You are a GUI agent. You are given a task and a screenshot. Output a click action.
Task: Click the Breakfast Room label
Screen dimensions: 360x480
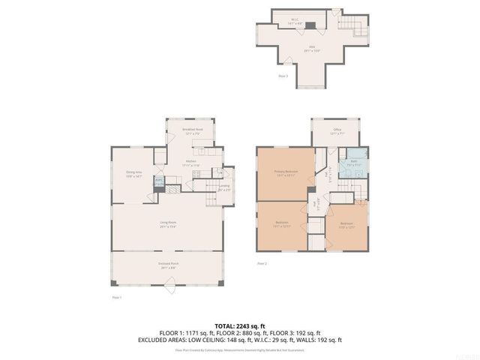193,131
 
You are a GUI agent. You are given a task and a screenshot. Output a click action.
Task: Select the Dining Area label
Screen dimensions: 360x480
134,175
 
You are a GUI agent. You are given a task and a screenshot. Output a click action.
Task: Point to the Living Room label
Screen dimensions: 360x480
167,224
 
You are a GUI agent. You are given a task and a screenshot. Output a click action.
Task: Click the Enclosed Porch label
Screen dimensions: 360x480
167,265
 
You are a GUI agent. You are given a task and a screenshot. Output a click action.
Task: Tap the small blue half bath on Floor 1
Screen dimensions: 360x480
159,181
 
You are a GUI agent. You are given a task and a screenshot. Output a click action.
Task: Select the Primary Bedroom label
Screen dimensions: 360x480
286,173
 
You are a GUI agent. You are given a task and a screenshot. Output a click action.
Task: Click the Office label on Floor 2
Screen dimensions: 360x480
337,131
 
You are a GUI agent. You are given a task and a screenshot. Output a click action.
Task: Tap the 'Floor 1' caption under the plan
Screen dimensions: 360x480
116,298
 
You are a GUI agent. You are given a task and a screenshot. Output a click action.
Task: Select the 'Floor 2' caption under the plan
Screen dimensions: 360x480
262,264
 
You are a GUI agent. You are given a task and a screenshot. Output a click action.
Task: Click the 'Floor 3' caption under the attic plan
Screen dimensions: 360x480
283,76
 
